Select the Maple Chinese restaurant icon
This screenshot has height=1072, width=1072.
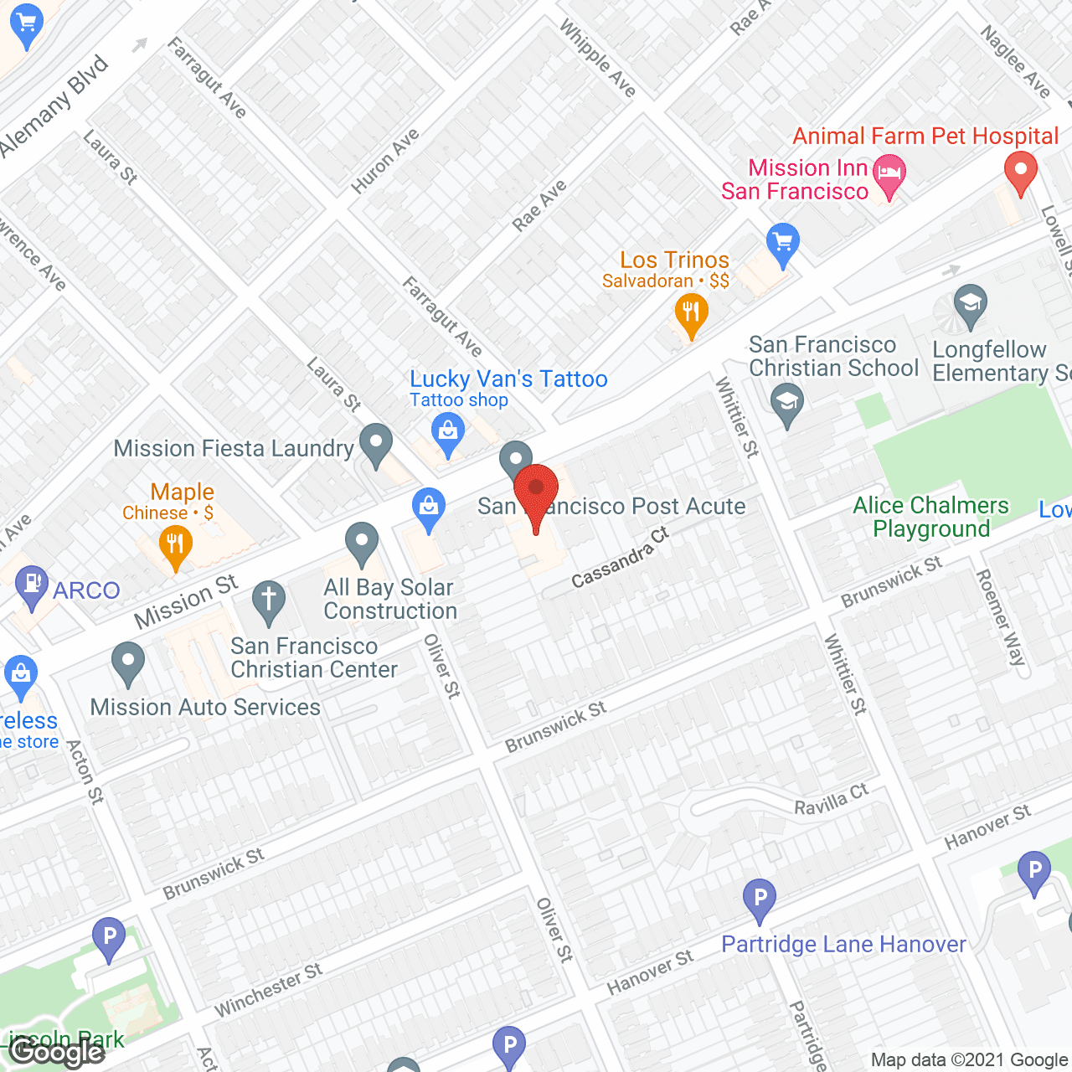pos(176,546)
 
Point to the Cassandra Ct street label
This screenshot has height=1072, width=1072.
pos(620,557)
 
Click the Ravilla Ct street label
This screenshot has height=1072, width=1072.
pos(831,800)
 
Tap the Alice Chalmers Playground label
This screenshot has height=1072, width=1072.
pos(931,517)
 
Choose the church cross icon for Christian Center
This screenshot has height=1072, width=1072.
pos(269,601)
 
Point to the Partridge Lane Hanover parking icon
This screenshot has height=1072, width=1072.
pos(760,899)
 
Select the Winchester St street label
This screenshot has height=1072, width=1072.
pos(268,989)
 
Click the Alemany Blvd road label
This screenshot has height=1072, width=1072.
pos(55,106)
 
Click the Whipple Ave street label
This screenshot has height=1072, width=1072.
pos(598,59)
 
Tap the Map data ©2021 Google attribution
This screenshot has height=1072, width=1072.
pos(970,1060)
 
